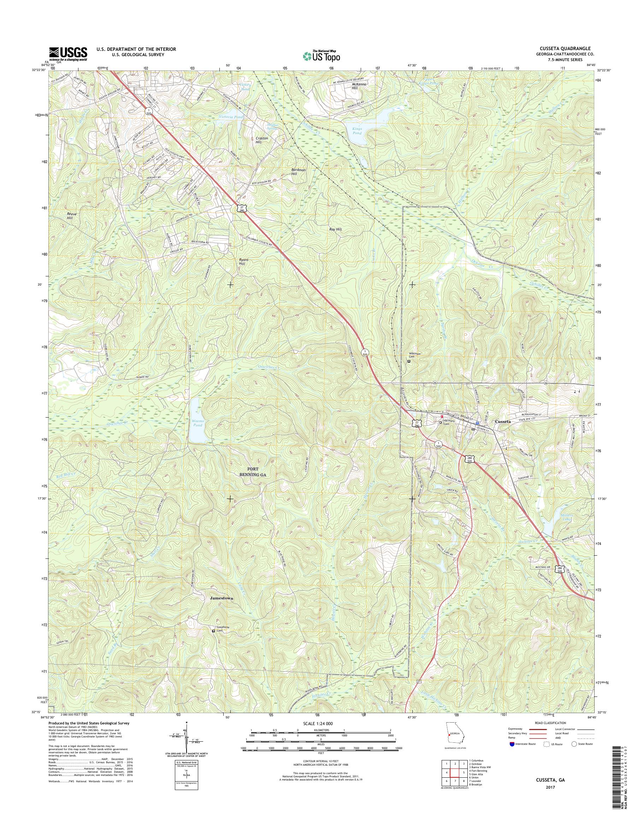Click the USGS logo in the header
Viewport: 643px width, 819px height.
(68, 54)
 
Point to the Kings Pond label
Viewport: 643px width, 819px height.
(356, 131)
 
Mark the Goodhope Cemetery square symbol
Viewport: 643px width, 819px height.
(213, 631)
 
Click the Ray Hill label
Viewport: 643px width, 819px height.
(335, 229)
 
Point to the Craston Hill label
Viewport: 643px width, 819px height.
(262, 140)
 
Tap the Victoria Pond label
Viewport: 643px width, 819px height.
(231, 117)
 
